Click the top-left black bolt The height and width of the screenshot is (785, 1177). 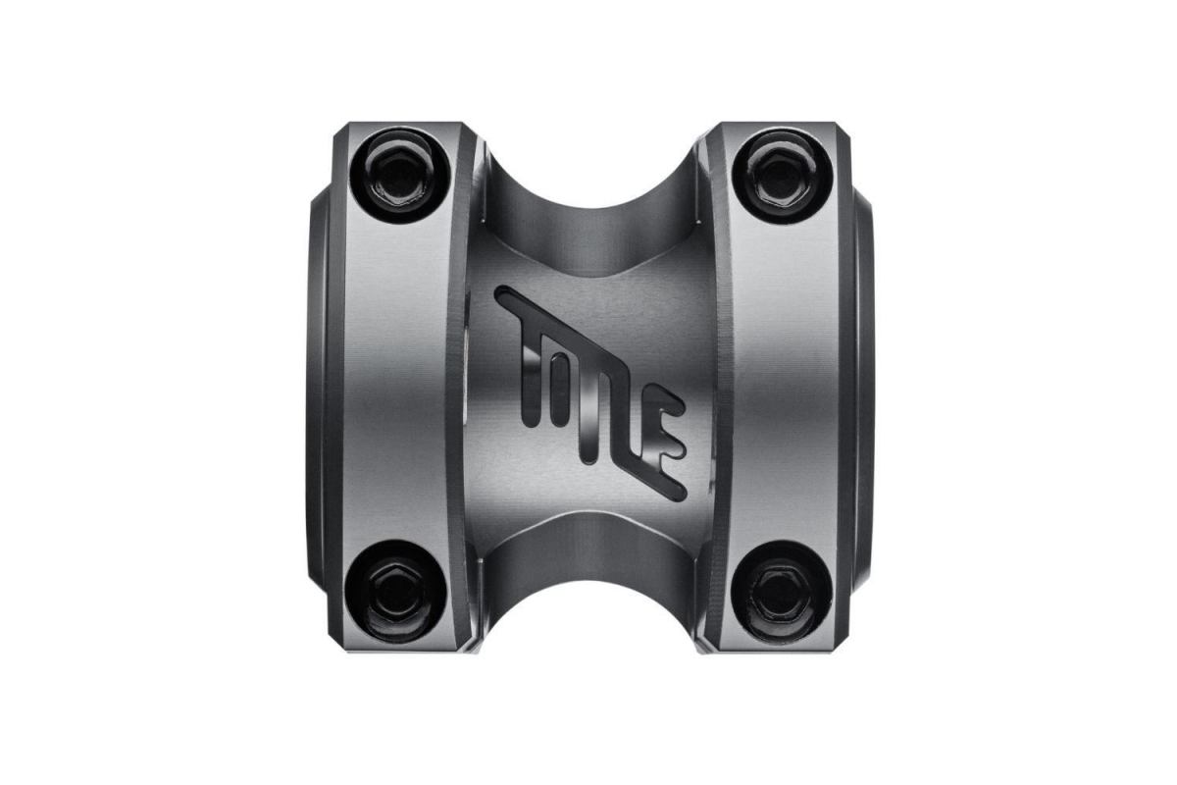click(400, 174)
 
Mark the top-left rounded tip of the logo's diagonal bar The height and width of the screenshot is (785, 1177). click(503, 294)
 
